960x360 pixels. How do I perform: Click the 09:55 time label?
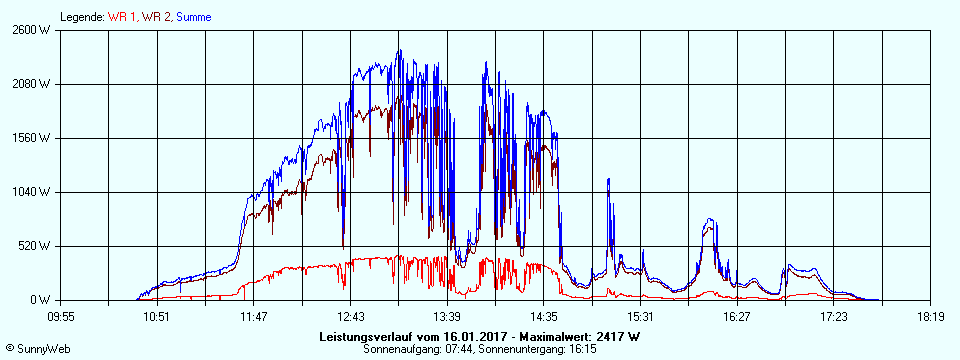(61, 316)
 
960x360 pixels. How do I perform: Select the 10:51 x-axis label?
(157, 316)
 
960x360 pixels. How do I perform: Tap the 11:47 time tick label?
(254, 316)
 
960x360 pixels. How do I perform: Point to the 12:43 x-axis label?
(350, 316)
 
